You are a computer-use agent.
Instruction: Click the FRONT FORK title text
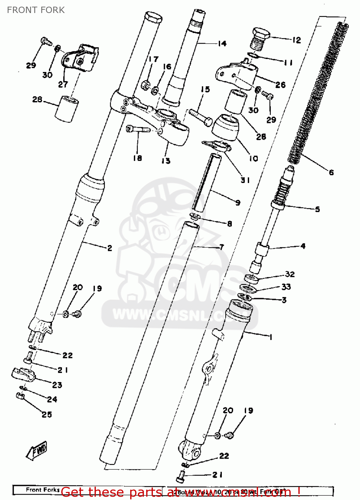(36, 10)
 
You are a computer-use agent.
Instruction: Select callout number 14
(222, 43)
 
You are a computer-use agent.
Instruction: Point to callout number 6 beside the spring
(331, 172)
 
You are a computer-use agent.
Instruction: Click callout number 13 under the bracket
(166, 161)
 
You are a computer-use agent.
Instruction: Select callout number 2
(110, 248)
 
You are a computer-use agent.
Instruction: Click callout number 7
(222, 247)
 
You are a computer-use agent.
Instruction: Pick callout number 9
(238, 202)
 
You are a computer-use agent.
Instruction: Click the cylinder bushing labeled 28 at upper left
(67, 109)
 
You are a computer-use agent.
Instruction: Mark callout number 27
(63, 84)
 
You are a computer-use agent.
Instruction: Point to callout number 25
(47, 414)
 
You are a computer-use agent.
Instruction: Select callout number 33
(286, 287)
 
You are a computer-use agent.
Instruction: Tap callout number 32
(290, 274)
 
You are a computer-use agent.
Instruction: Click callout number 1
(271, 337)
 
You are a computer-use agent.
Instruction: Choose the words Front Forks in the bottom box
(43, 490)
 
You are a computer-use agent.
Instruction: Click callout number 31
(245, 180)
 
